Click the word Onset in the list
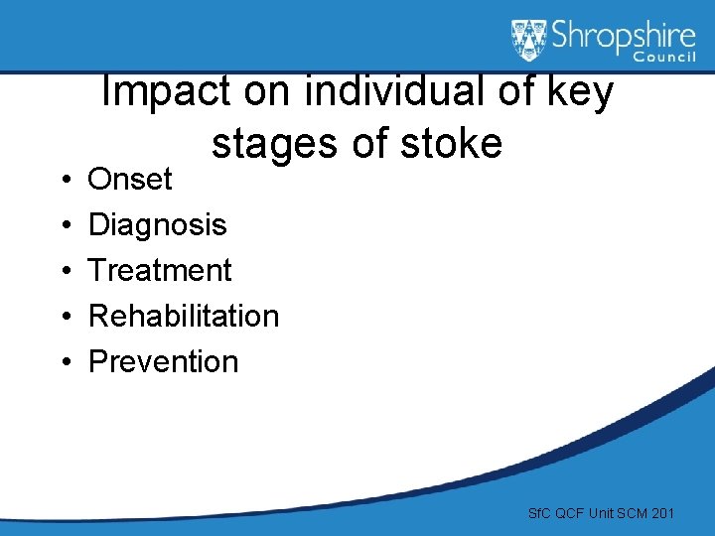[x=130, y=180]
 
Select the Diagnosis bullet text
[x=157, y=225]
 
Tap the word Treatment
[x=160, y=270]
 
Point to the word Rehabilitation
[x=184, y=316]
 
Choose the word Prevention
[x=164, y=361]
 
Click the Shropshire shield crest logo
[x=529, y=41]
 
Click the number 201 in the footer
[x=661, y=513]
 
